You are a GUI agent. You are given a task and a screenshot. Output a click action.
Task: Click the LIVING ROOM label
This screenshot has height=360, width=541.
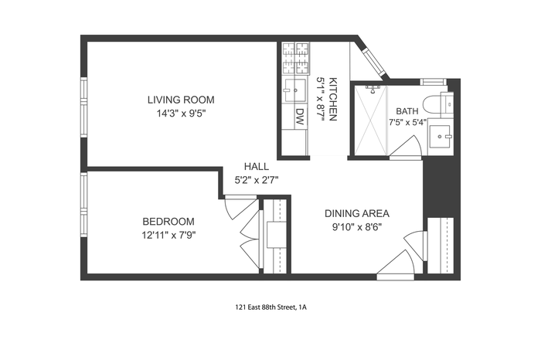[181, 100]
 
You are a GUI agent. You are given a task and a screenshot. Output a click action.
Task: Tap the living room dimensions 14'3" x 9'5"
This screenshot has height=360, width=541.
[181, 114]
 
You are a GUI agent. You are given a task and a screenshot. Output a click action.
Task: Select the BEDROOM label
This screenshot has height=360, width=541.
[168, 221]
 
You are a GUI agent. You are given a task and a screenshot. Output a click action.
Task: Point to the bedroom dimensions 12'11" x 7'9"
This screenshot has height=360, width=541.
[169, 235]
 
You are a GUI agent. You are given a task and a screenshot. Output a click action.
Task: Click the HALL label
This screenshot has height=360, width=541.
[257, 167]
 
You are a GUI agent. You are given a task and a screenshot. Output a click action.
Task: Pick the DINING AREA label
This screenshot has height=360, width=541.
[357, 213]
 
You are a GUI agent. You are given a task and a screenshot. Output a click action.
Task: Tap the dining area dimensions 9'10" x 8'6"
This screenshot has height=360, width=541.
[357, 227]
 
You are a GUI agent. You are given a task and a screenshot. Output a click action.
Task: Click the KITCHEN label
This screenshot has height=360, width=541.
[333, 100]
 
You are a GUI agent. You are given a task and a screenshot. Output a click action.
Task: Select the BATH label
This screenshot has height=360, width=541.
[407, 111]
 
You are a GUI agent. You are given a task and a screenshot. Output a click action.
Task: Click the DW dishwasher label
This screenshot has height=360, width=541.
[300, 117]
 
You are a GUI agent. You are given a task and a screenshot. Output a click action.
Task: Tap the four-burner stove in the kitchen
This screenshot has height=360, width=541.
[295, 58]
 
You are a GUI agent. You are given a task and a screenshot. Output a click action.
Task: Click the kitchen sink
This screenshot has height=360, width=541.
[294, 90]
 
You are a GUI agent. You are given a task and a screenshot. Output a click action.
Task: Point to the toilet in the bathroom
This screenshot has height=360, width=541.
[437, 104]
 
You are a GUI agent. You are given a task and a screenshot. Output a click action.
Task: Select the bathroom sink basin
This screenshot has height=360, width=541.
[440, 137]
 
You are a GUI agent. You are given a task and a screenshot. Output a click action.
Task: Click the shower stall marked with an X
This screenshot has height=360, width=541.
[370, 121]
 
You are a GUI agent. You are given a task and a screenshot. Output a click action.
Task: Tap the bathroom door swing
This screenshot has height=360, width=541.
[407, 148]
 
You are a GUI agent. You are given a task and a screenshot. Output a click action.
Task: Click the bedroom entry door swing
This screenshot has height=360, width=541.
[240, 207]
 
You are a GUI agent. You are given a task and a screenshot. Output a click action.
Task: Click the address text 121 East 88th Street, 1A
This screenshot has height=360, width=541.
[270, 307]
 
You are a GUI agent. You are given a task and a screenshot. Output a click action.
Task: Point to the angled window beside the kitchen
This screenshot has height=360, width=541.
[374, 62]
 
